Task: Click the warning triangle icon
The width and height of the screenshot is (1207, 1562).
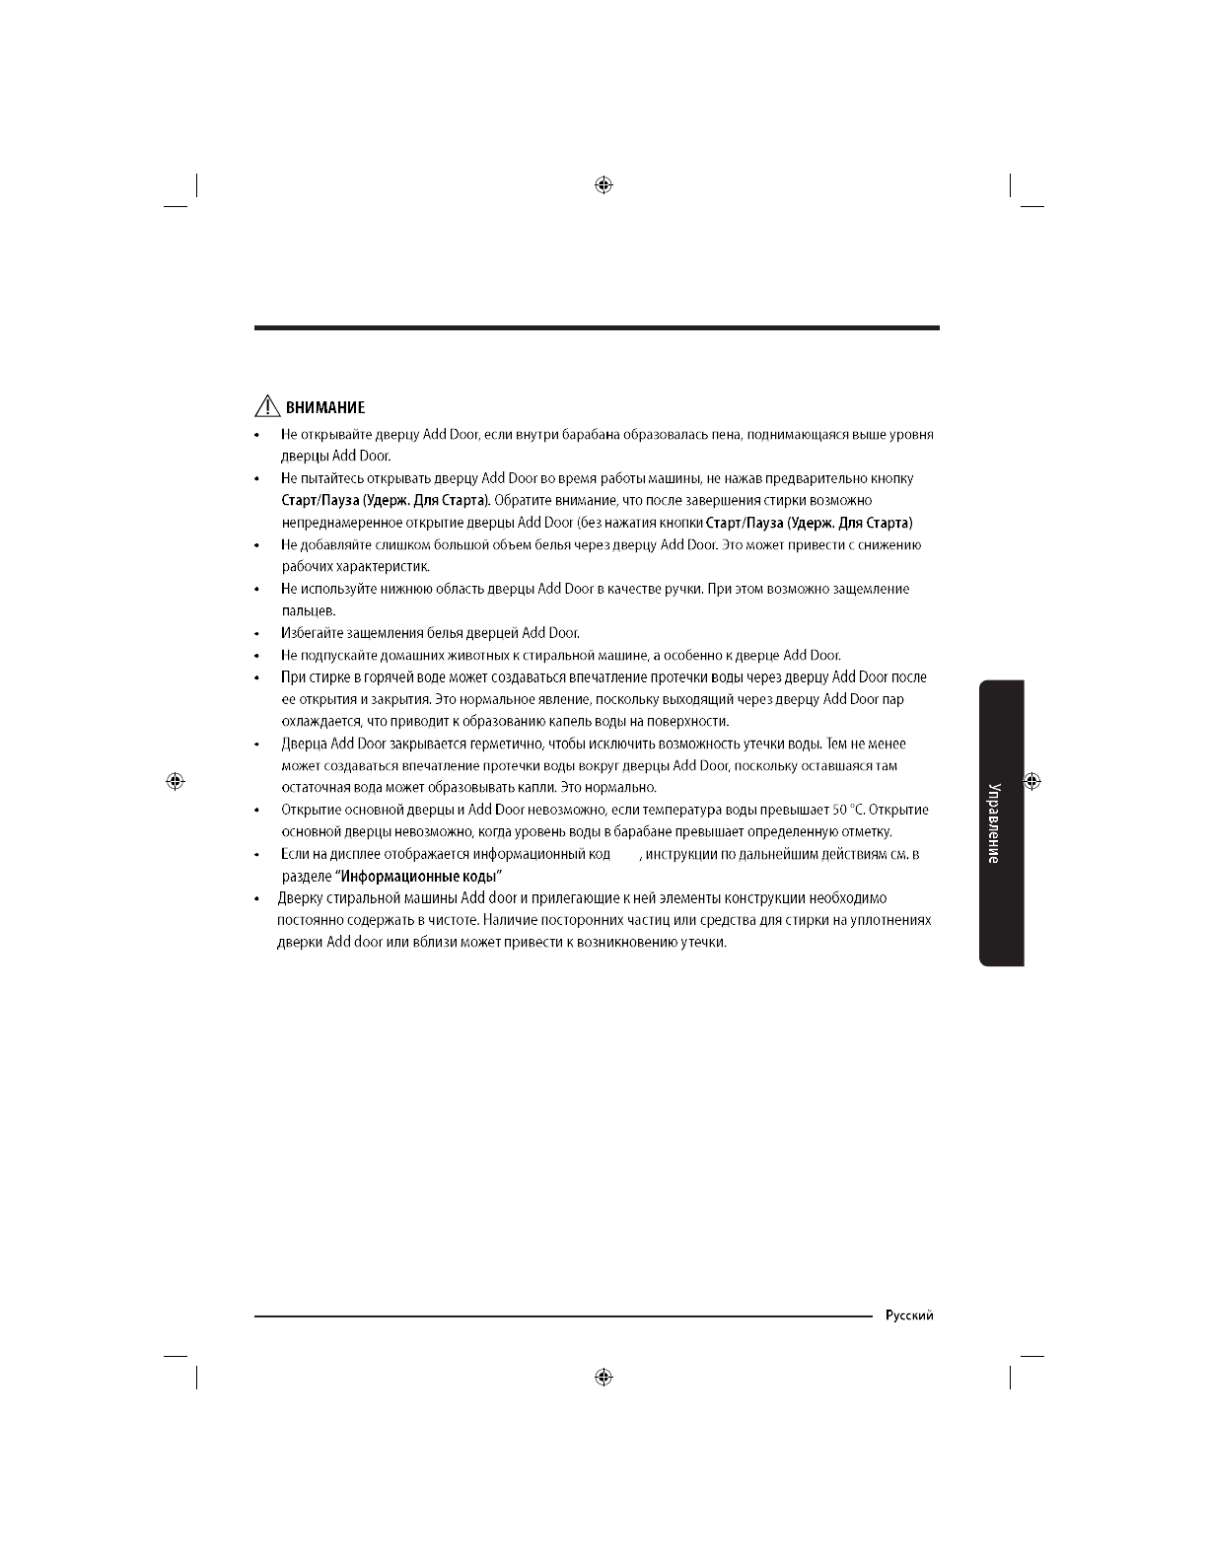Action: click(x=266, y=406)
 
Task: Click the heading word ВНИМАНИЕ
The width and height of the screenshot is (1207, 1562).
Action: click(x=325, y=407)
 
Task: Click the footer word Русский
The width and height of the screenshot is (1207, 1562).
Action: click(x=909, y=1315)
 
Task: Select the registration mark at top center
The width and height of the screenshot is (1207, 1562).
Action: click(x=604, y=184)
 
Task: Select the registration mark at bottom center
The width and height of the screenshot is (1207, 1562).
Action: click(x=604, y=1377)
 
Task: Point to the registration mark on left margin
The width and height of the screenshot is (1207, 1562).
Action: click(x=175, y=781)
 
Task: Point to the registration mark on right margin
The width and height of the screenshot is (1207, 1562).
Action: click(x=1032, y=781)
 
